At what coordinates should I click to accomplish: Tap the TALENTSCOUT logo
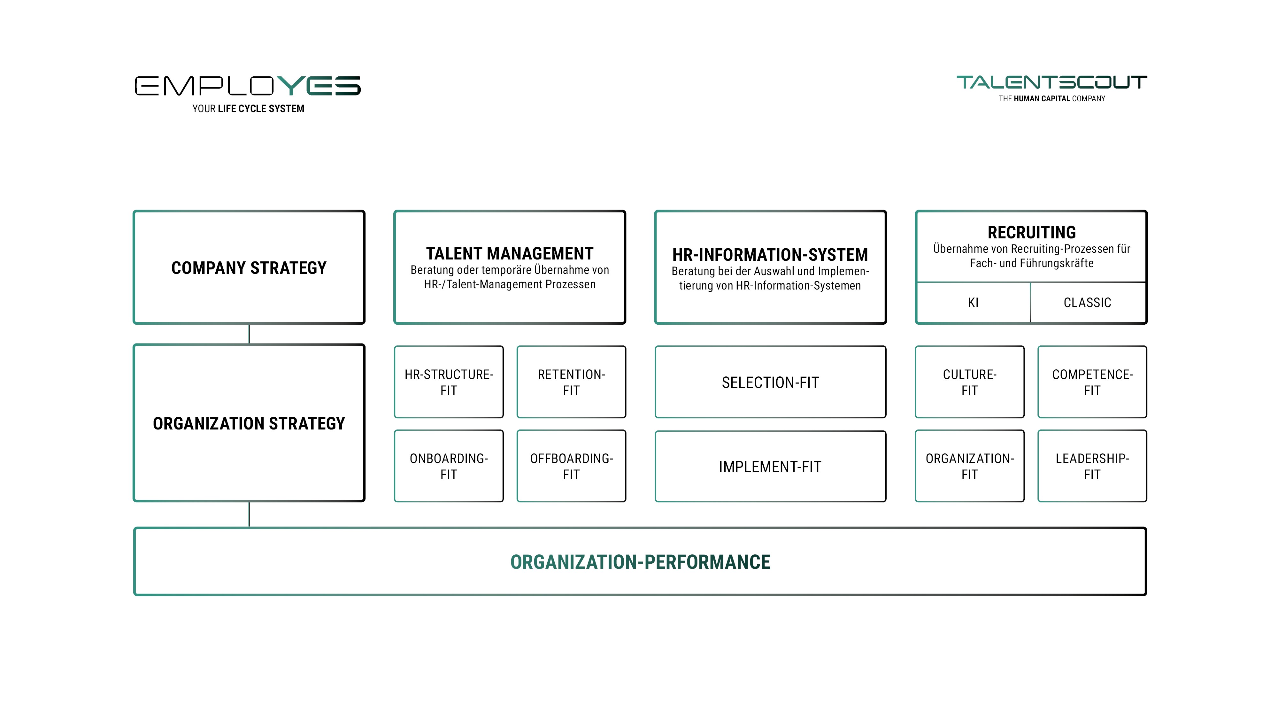click(x=1051, y=82)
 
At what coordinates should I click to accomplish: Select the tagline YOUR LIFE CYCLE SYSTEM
click(x=248, y=109)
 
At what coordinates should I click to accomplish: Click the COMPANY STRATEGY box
click(x=249, y=267)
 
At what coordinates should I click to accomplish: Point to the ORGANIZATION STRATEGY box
click(x=249, y=423)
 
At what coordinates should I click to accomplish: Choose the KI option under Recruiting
click(x=973, y=303)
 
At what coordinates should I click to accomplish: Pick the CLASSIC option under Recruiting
click(x=1087, y=303)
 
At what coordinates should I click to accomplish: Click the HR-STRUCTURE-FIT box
click(x=449, y=382)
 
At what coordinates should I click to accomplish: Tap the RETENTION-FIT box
click(x=571, y=382)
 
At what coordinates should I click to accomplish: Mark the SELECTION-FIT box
click(x=770, y=382)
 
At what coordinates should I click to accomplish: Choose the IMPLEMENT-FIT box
click(x=770, y=467)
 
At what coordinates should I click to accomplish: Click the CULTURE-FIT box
click(x=969, y=382)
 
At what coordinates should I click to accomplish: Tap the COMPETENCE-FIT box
click(x=1092, y=382)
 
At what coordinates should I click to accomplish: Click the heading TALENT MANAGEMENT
click(x=510, y=253)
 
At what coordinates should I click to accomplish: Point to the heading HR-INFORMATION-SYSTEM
click(x=770, y=255)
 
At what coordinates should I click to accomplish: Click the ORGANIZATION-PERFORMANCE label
click(x=640, y=562)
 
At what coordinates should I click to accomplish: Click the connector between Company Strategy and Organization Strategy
click(x=249, y=334)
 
